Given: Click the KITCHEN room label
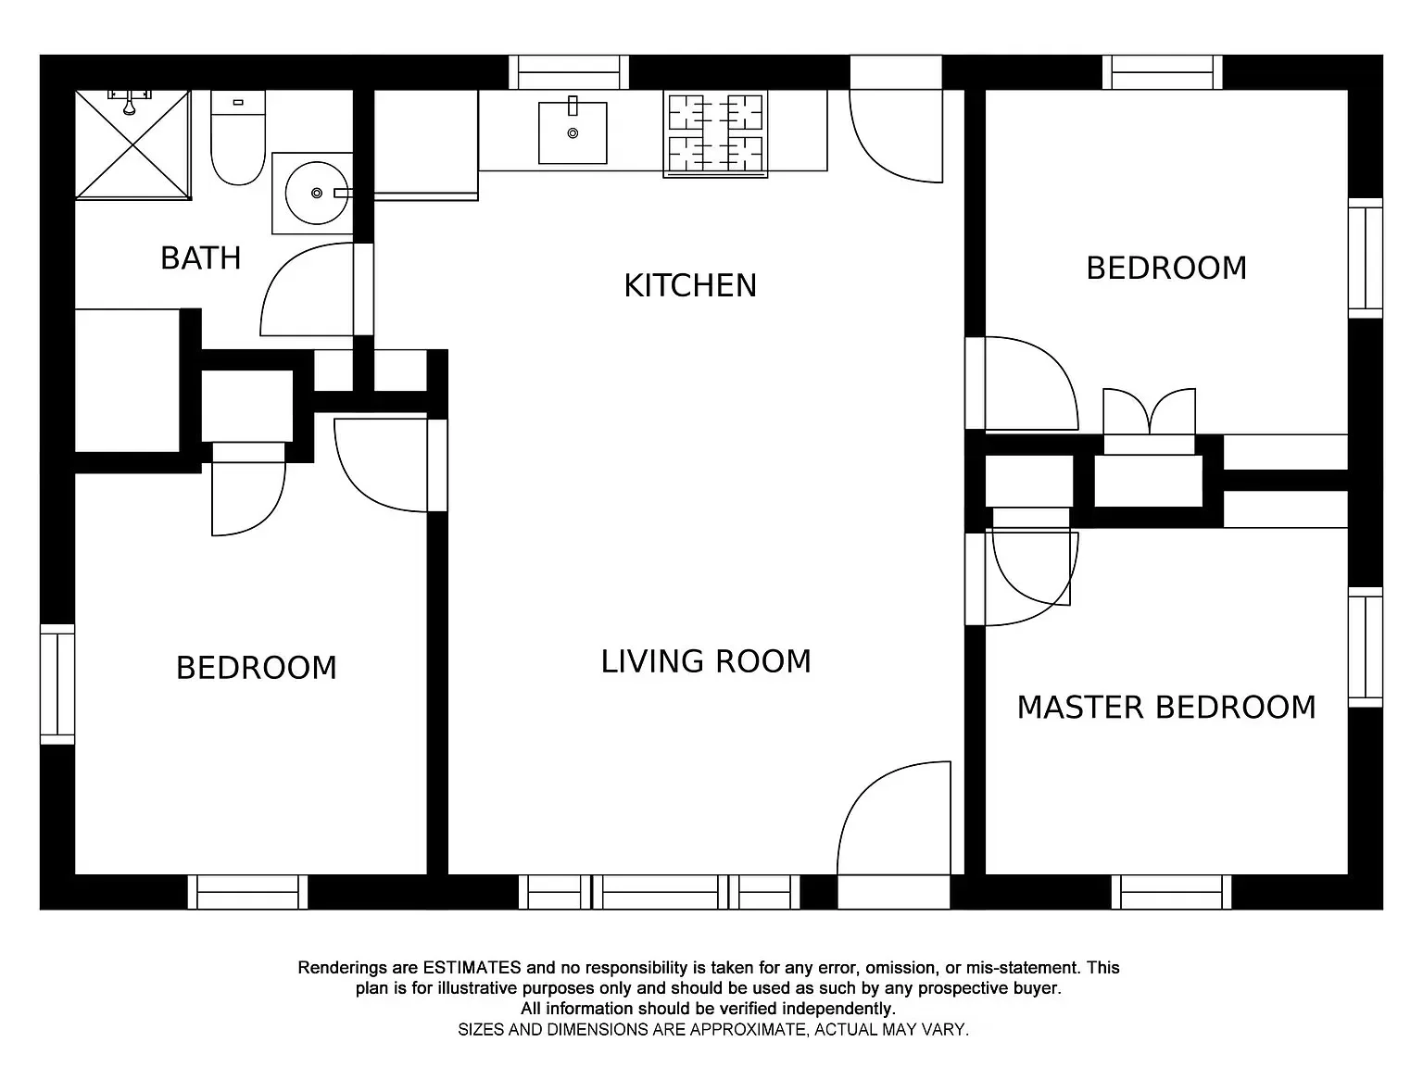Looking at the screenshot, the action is pos(690,285).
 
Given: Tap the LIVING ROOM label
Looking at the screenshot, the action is pos(706,661).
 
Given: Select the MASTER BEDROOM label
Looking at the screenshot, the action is pos(1166,707).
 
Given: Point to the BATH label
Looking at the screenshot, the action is pos(200,257).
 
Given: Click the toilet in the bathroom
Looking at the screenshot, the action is pos(238,137).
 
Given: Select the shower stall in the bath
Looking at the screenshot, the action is pos(132,144).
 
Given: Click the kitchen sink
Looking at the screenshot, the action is pos(573,132).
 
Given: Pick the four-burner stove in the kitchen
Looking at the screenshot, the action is pos(715,133).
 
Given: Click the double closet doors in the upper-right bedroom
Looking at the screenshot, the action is pos(1149,410).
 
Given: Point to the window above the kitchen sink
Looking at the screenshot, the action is pos(569,72).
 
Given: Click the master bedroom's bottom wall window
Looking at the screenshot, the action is pos(1171,892).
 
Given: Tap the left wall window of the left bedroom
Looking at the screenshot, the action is pos(57,684).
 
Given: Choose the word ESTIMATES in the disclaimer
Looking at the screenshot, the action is pos(472,968).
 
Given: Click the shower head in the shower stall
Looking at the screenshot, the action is pos(130,104).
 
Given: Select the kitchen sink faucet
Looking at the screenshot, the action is pos(573,107).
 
